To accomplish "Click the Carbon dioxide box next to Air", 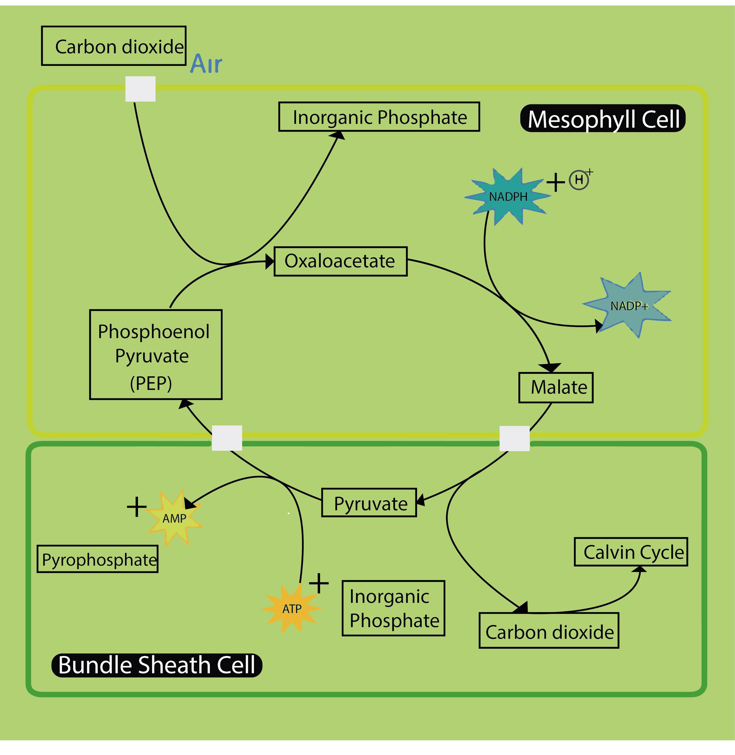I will click(x=114, y=46).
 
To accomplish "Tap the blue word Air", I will click(x=207, y=64).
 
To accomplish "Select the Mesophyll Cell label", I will click(x=603, y=118).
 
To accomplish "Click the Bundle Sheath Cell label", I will click(x=157, y=665).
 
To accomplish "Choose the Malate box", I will click(x=556, y=387).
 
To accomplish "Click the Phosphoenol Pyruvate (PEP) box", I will click(x=156, y=354).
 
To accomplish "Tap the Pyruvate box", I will click(x=369, y=503).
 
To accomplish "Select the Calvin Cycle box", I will click(x=631, y=552).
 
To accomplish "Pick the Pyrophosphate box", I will click(x=98, y=559).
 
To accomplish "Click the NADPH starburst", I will click(x=508, y=197).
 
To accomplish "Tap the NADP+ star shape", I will click(x=628, y=306).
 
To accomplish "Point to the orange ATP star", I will click(x=291, y=609).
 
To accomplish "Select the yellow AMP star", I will click(x=175, y=518).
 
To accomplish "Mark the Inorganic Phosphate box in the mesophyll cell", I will click(x=379, y=117).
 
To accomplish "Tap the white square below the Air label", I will click(x=140, y=89).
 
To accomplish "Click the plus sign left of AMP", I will click(x=137, y=506).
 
